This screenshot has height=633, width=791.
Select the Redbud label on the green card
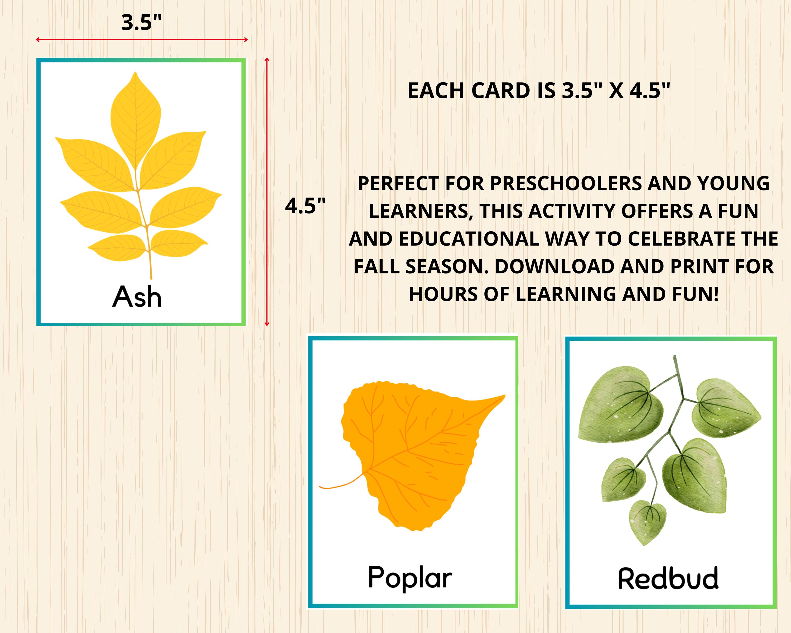[x=668, y=579]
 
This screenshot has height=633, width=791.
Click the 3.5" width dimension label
[x=141, y=22]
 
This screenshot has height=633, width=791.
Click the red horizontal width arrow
[x=142, y=40]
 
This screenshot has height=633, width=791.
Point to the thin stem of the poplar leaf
[x=339, y=485]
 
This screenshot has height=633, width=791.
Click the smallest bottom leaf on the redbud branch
[x=648, y=520]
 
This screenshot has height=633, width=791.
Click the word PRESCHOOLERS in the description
[x=566, y=184]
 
